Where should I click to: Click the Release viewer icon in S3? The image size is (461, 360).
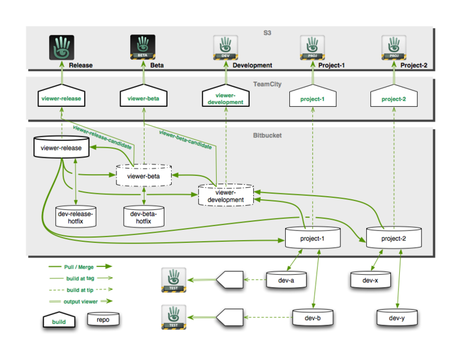tap(61, 47)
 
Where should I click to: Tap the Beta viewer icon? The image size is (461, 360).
tap(143, 47)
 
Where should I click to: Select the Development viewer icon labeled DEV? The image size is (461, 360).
tap(226, 47)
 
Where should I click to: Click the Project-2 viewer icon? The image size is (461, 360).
tap(394, 47)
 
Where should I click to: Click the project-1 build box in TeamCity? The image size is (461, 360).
tap(312, 97)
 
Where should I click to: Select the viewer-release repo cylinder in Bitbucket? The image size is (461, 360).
tap(61, 148)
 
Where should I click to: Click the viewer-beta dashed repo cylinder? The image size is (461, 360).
tap(144, 176)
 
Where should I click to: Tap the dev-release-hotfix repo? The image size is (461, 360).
tap(75, 217)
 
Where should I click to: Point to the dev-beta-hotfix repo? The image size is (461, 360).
tap(144, 217)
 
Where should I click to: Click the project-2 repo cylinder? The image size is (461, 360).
tap(394, 238)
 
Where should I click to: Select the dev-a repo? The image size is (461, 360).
tap(288, 280)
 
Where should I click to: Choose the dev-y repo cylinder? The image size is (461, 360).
tap(397, 317)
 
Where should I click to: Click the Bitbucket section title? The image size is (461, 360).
tap(267, 135)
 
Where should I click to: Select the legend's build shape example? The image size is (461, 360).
tap(62, 320)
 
